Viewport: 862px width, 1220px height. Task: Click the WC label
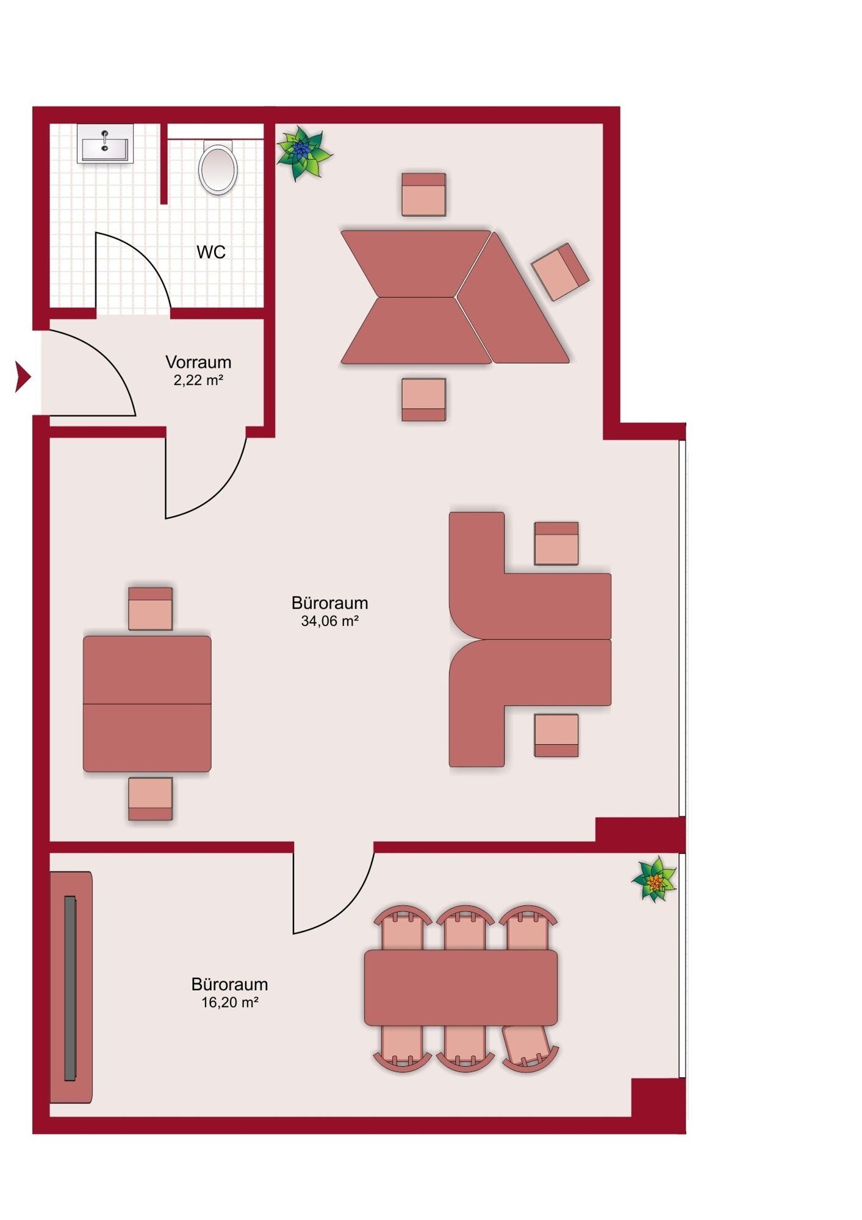(211, 252)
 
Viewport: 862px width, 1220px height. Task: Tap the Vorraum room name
(198, 362)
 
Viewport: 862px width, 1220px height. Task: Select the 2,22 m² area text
(198, 381)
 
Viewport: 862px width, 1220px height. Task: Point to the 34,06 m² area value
(329, 622)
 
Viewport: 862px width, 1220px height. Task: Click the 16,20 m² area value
(230, 1002)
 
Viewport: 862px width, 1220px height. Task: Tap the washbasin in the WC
(105, 144)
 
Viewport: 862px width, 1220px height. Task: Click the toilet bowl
(218, 168)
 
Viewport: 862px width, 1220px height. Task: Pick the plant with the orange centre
(655, 879)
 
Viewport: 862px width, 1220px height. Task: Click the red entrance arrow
(23, 377)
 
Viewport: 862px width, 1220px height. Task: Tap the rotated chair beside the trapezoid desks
(560, 271)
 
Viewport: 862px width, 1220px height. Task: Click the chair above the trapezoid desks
(423, 195)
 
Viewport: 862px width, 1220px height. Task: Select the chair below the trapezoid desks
(423, 400)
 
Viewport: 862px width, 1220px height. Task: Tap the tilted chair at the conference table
(528, 1048)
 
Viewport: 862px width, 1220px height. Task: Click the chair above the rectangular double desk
(150, 609)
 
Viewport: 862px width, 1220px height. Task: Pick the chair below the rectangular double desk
(150, 798)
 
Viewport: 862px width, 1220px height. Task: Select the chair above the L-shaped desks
(556, 544)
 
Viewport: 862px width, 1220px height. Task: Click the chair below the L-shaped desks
(556, 736)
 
